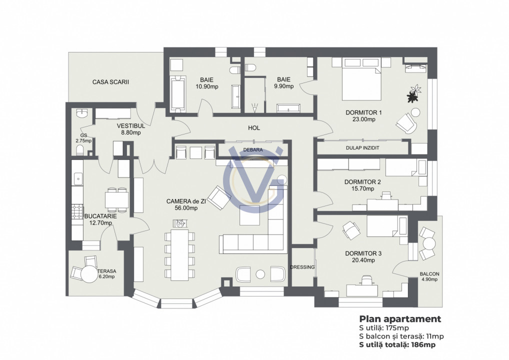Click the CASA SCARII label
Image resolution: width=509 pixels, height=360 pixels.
coord(110,81)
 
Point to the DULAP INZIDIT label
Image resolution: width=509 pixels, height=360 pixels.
coord(362,148)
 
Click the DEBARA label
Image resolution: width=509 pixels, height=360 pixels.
coord(253,149)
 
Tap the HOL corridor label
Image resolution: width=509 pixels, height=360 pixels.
coord(254,128)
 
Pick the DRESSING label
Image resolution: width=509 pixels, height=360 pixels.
coord(302,267)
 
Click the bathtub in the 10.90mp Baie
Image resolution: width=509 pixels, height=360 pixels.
coord(177,93)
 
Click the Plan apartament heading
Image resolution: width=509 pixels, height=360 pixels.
coord(400,319)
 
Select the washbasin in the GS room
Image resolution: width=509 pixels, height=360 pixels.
coord(82,113)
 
